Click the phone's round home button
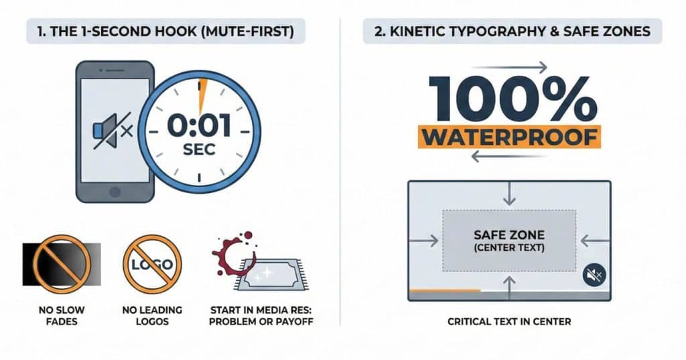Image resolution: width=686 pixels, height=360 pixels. click(x=115, y=192)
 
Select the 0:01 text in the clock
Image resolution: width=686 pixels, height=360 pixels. click(x=199, y=125)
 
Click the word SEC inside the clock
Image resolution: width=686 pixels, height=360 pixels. click(x=199, y=149)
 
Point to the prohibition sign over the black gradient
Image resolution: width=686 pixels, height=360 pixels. click(x=62, y=264)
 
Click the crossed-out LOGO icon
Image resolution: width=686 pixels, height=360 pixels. click(x=152, y=264)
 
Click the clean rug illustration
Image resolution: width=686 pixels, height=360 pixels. click(x=271, y=275)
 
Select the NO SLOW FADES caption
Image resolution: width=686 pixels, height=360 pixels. click(x=62, y=316)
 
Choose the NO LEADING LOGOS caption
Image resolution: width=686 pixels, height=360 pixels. click(x=152, y=316)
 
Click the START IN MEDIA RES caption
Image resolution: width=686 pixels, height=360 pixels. click(x=261, y=316)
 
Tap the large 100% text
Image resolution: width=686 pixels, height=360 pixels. click(x=512, y=99)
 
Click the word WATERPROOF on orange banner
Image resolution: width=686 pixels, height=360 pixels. click(x=510, y=137)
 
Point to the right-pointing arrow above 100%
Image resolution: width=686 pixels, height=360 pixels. click(x=510, y=67)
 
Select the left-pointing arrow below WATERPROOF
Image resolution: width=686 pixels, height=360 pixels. click(x=508, y=156)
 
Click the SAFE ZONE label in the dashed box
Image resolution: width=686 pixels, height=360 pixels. click(x=509, y=235)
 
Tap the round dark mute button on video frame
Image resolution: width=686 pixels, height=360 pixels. click(x=595, y=275)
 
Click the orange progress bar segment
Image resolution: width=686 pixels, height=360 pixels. click(x=445, y=290)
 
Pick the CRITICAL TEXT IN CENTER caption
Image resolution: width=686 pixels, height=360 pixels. click(x=509, y=322)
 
